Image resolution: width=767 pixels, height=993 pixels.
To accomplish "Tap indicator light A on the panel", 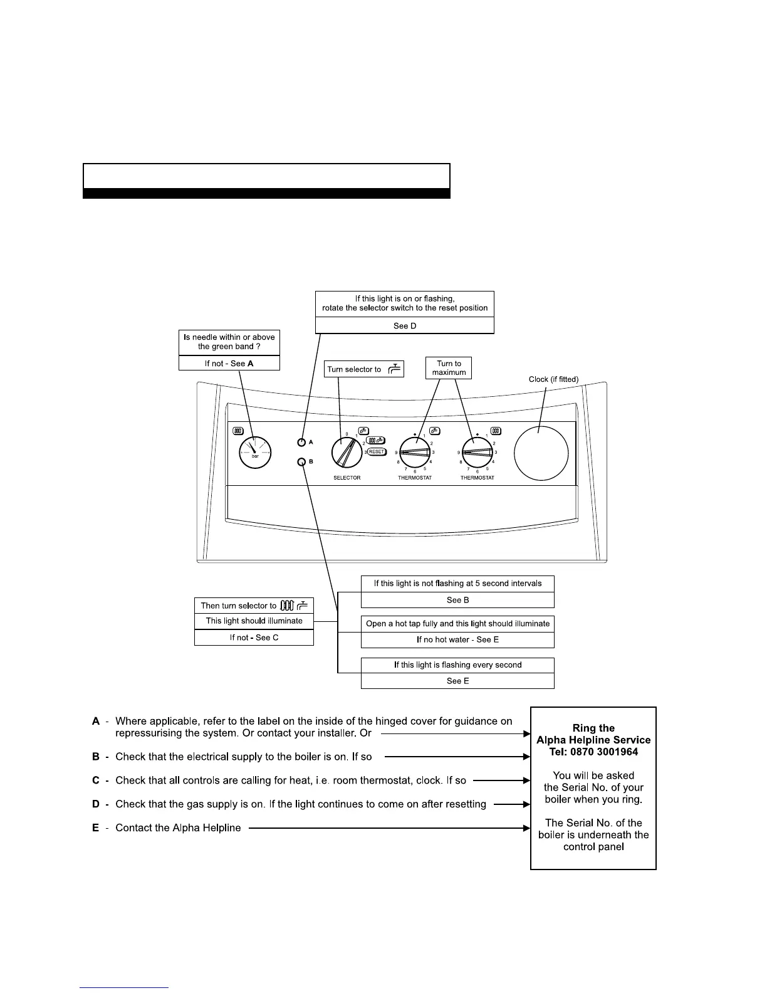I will pyautogui.click(x=301, y=442).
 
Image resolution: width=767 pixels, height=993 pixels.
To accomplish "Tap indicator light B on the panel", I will pyautogui.click(x=301, y=462).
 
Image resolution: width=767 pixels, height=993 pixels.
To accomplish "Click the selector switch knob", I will pyautogui.click(x=346, y=452).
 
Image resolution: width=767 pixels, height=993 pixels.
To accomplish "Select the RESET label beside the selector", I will pyautogui.click(x=377, y=451).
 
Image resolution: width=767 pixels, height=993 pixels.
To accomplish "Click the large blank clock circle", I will pyautogui.click(x=541, y=453).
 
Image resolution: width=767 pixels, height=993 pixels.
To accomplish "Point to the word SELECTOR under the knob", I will pyautogui.click(x=347, y=478).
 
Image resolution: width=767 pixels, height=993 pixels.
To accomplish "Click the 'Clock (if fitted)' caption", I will pyautogui.click(x=553, y=379).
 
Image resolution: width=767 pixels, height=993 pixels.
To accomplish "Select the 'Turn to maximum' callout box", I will pyautogui.click(x=449, y=368).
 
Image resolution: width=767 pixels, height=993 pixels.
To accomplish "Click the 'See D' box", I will pyautogui.click(x=405, y=326).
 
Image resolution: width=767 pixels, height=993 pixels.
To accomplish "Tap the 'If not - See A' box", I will pyautogui.click(x=229, y=364).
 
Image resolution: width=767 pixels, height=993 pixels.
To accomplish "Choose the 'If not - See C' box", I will pyautogui.click(x=254, y=638).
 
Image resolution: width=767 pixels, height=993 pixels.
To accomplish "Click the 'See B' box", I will pyautogui.click(x=457, y=600).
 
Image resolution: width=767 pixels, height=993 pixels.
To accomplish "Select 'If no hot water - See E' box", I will pyautogui.click(x=457, y=640).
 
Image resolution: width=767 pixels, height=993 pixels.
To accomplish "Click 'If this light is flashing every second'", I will pyautogui.click(x=457, y=665).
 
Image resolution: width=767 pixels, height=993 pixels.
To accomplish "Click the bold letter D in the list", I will pyautogui.click(x=96, y=804).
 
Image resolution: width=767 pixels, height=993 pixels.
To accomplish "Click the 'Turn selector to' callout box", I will pyautogui.click(x=364, y=369).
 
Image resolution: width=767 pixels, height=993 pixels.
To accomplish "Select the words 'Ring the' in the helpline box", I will pyautogui.click(x=593, y=728).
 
